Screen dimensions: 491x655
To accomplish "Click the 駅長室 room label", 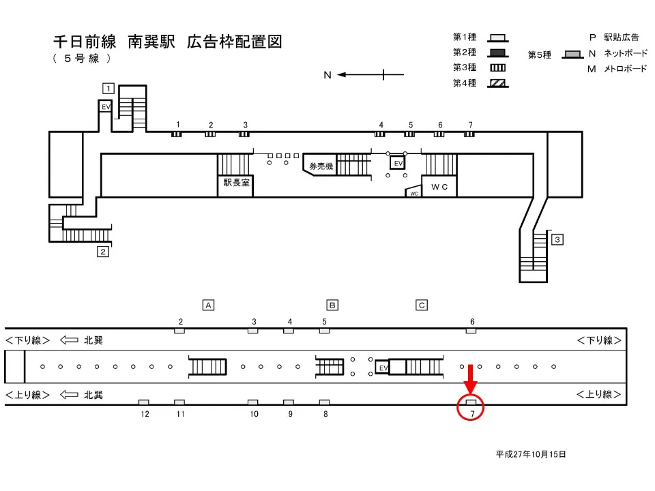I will click(x=235, y=183).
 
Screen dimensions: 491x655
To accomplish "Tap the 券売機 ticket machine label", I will click(x=320, y=166).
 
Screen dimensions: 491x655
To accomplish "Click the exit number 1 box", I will click(x=108, y=87).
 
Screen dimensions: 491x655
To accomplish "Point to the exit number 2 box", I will click(x=103, y=251).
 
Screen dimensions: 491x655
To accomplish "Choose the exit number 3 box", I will click(x=557, y=239).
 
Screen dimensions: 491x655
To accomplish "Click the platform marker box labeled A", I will click(x=209, y=305).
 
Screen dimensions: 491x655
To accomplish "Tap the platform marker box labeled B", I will click(x=332, y=305).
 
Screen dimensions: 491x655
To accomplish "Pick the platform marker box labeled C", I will click(x=422, y=305).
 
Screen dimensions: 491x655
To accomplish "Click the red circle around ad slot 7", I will click(x=471, y=406).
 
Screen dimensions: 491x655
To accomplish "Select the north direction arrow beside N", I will click(x=362, y=75).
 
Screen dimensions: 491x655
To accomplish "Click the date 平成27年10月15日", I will click(x=531, y=453).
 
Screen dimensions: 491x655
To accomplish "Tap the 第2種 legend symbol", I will click(x=498, y=53).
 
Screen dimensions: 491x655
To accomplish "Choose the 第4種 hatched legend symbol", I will click(x=498, y=83).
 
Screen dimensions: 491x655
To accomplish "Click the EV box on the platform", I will click(x=383, y=368).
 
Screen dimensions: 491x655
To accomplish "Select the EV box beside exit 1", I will click(x=106, y=107).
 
